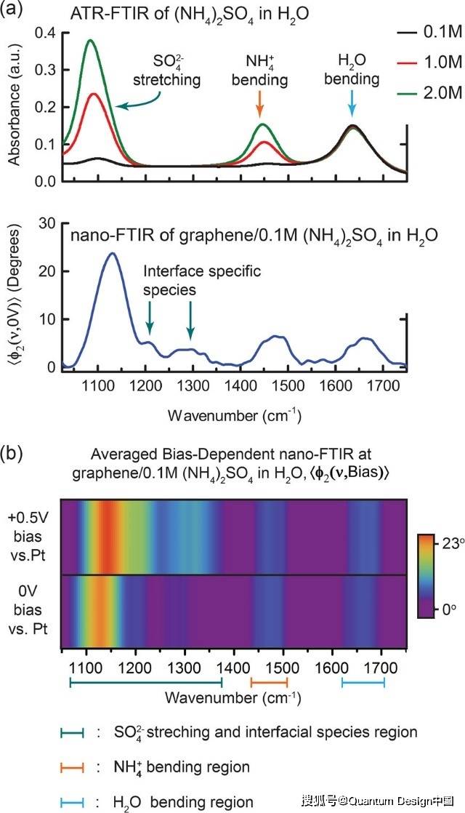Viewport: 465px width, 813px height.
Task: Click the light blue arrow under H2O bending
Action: point(352,103)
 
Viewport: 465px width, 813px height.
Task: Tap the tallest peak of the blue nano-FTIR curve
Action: point(95,254)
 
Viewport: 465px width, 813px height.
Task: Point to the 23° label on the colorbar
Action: point(444,541)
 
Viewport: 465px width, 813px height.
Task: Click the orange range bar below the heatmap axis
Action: point(269,681)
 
